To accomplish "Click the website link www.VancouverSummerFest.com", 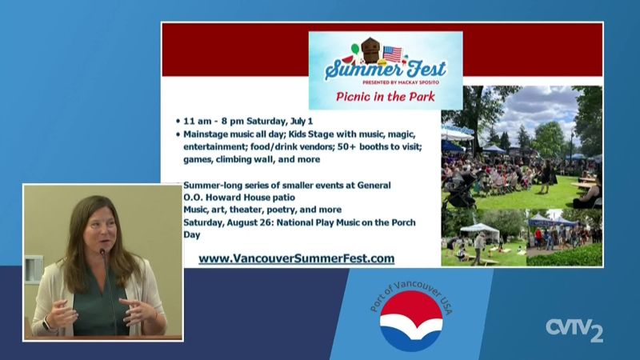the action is click(x=296, y=258).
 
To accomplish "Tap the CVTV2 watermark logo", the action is click(x=574, y=330).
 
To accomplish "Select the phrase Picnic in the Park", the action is click(x=386, y=97).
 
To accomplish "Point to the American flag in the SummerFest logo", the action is click(x=392, y=54).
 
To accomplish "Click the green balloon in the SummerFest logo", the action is click(x=354, y=48).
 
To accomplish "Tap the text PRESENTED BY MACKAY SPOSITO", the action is click(x=401, y=82).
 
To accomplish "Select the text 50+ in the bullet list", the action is click(x=346, y=146).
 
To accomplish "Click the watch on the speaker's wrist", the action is click(x=46, y=325).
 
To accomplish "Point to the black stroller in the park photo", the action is click(x=463, y=190).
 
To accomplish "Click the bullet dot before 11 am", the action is click(x=178, y=122).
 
